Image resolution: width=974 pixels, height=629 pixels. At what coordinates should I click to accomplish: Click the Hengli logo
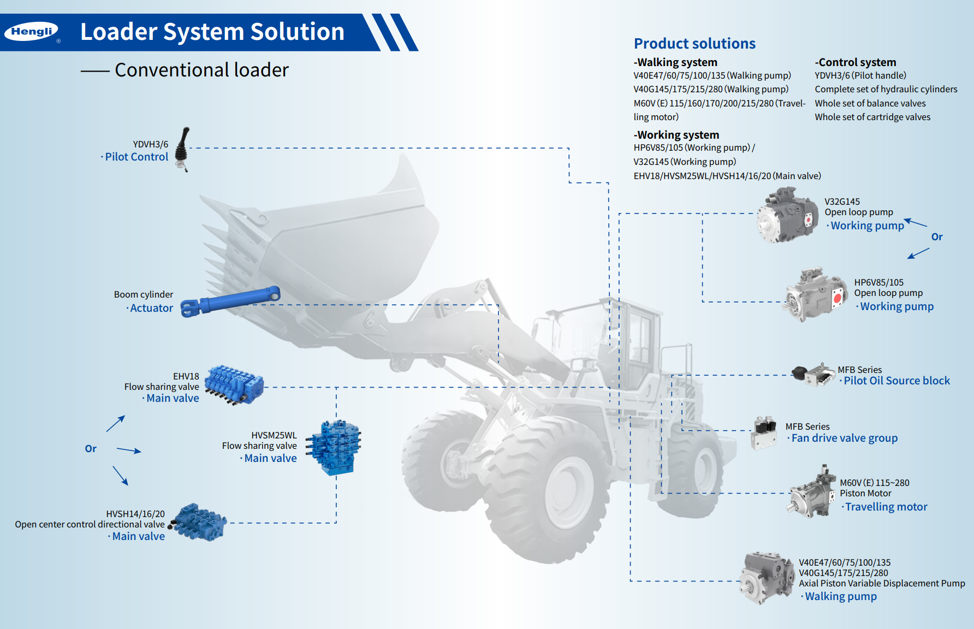(31, 32)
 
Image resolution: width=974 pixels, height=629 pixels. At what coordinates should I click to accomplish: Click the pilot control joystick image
(183, 149)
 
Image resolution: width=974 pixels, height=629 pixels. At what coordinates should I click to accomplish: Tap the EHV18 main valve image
(234, 384)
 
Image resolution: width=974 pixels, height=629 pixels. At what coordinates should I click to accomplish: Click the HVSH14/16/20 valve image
(198, 523)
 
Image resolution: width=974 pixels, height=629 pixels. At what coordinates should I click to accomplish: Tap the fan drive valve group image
(764, 432)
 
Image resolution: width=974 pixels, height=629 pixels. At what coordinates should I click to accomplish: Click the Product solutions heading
(694, 44)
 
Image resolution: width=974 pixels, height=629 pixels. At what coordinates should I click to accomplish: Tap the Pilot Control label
(136, 157)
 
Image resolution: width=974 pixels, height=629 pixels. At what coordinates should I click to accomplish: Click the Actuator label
(151, 308)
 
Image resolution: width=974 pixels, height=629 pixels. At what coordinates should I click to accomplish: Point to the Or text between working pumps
(937, 237)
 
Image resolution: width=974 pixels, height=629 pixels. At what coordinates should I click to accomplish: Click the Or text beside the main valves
(91, 449)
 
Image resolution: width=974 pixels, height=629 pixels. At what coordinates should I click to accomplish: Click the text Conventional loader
(201, 70)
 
